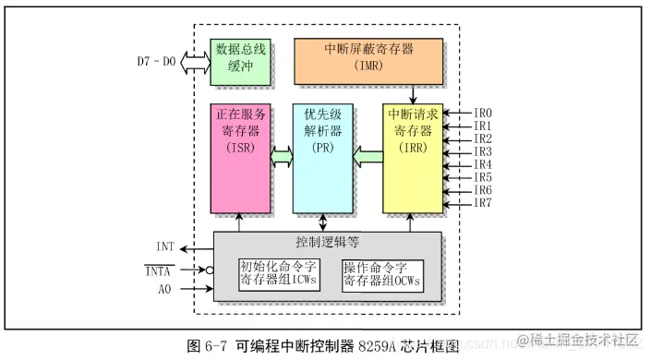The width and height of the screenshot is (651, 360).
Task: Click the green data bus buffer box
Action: point(241,62)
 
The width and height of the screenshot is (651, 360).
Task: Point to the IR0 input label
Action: point(482,113)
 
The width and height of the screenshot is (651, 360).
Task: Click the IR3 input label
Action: point(482,151)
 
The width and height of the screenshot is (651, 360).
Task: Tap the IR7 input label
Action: point(482,203)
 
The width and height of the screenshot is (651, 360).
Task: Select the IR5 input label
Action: point(482,177)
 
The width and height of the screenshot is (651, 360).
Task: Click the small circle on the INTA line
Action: point(210,270)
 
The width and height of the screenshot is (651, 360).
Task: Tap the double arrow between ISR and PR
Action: point(282,158)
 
